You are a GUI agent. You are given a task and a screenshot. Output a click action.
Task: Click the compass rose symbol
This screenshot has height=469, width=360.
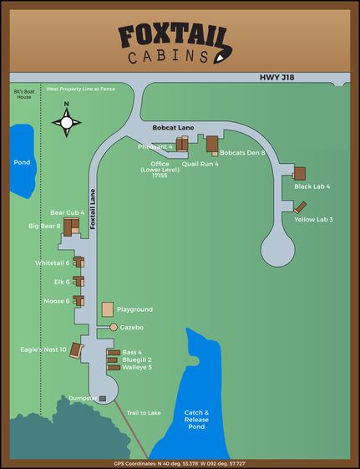tap(67, 122)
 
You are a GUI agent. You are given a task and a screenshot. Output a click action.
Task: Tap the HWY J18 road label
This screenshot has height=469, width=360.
tap(276, 77)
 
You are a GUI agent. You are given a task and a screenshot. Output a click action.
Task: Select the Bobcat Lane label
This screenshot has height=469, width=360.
tap(174, 127)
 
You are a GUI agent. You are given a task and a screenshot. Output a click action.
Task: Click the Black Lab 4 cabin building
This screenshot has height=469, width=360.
tap(299, 173)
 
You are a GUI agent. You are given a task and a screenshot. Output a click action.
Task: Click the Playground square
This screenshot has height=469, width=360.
tap(108, 309)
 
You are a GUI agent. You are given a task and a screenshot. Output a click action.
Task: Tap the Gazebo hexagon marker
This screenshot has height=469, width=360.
tap(114, 327)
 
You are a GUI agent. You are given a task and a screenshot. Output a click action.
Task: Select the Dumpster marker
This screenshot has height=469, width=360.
tap(103, 399)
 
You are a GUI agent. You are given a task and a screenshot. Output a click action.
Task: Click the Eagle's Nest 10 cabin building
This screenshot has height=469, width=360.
tap(76, 350)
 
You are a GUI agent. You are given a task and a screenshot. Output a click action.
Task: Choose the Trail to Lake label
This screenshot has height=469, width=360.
tap(143, 413)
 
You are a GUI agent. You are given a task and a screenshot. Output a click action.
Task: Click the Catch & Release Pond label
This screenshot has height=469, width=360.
tap(196, 420)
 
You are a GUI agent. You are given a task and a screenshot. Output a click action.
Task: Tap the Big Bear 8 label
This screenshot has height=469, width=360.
tap(44, 226)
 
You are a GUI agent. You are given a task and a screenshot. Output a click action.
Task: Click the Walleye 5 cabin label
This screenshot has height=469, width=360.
tap(137, 367)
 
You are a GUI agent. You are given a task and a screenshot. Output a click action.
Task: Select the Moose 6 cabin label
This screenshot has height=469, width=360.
tap(57, 301)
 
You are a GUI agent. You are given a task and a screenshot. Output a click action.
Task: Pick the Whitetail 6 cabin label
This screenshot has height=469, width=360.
tap(53, 263)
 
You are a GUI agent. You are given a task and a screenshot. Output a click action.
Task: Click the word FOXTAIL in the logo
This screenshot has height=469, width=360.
tap(173, 36)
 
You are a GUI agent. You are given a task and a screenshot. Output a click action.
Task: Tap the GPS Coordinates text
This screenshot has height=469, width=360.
tap(180, 463)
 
